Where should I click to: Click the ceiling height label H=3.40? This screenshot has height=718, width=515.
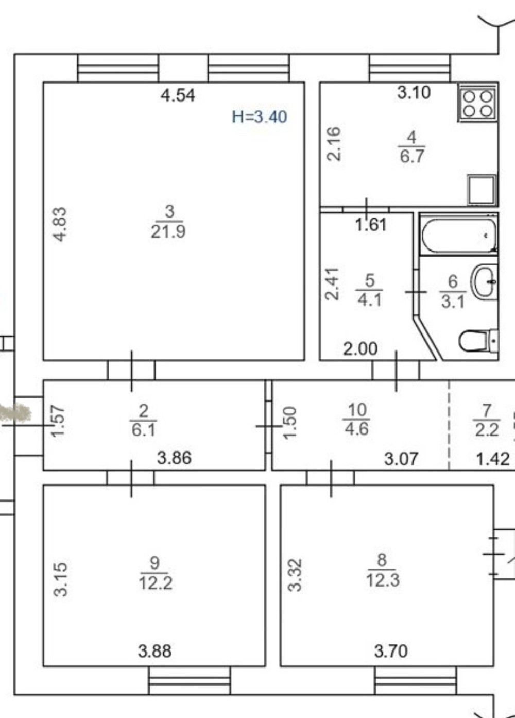pyautogui.click(x=260, y=116)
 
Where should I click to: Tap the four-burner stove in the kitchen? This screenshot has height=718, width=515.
pyautogui.click(x=478, y=103)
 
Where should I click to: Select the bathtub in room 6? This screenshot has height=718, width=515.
pyautogui.click(x=459, y=235)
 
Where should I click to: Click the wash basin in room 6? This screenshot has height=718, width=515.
pyautogui.click(x=484, y=282)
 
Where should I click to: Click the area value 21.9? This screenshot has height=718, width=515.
pyautogui.click(x=168, y=231)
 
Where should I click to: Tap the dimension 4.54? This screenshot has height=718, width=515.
pyautogui.click(x=178, y=95)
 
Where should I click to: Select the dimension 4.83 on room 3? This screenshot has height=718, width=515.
pyautogui.click(x=60, y=224)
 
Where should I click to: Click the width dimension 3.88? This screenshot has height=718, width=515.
pyautogui.click(x=154, y=651)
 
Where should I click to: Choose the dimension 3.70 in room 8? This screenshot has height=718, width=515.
pyautogui.click(x=391, y=651)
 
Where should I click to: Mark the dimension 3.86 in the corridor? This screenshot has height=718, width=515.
pyautogui.click(x=174, y=458)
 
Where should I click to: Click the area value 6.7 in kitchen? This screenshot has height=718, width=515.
pyautogui.click(x=412, y=156)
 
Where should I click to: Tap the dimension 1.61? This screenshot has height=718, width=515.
pyautogui.click(x=371, y=224)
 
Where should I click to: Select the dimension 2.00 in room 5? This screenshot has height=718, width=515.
pyautogui.click(x=360, y=348)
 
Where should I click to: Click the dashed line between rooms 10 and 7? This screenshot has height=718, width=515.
pyautogui.click(x=449, y=425)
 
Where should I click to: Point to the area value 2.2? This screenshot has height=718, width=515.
pyautogui.click(x=487, y=430)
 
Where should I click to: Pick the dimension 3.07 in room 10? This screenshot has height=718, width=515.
pyautogui.click(x=401, y=459)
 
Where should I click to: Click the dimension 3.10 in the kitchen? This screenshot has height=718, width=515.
pyautogui.click(x=414, y=93)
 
